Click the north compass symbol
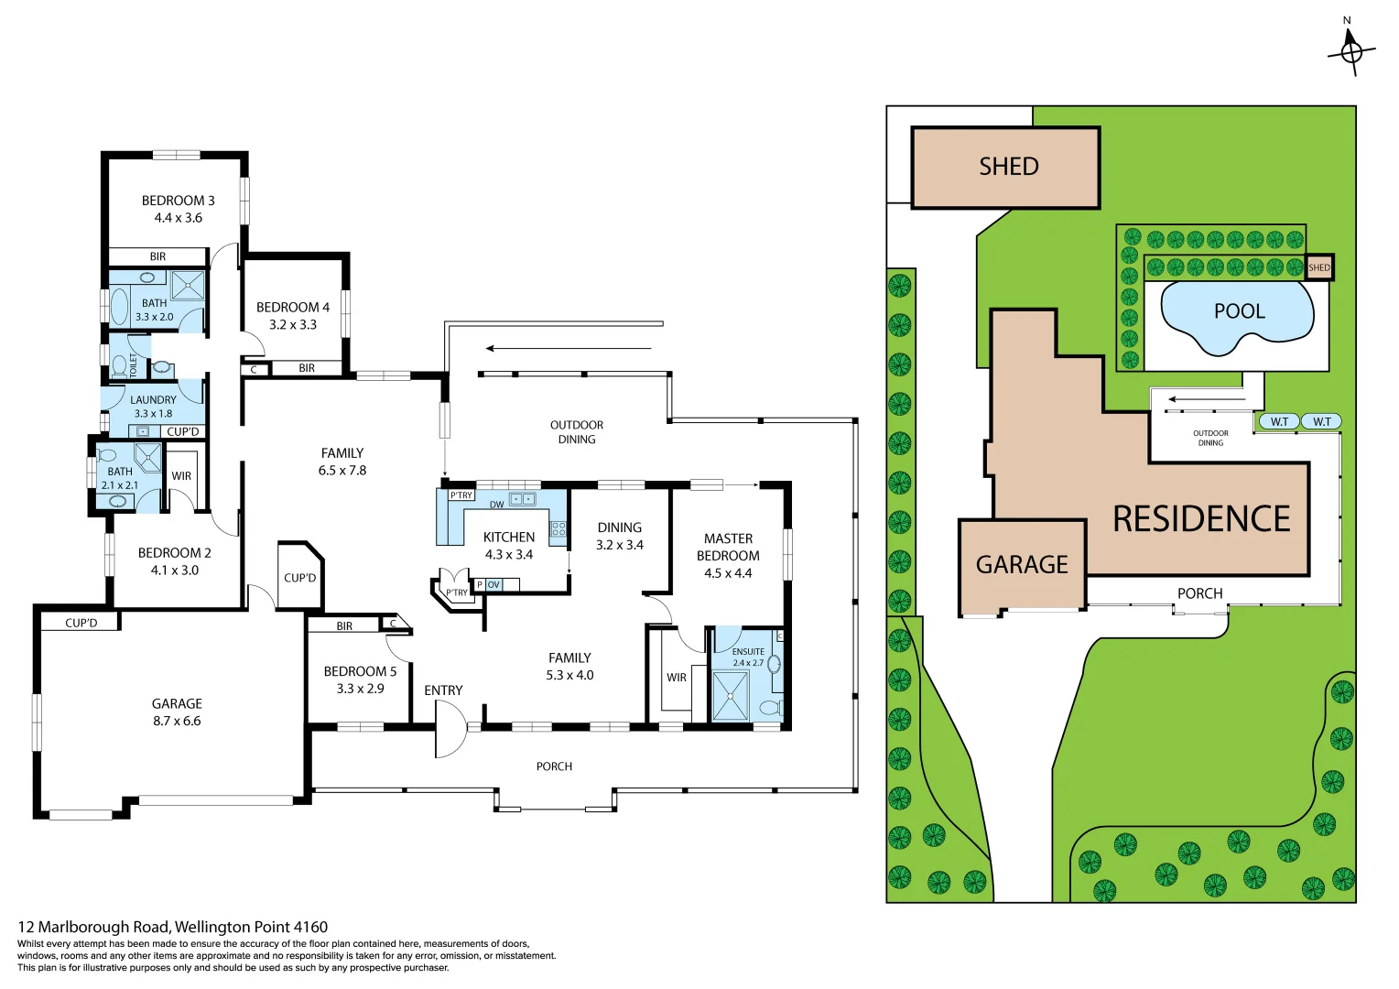tap(1350, 51)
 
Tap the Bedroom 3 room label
tap(178, 201)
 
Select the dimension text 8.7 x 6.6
tap(177, 722)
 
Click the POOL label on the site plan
tap(1239, 311)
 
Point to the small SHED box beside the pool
tap(1318, 267)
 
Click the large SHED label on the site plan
tap(1008, 167)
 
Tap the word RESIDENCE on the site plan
tap(1200, 519)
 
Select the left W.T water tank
tap(1279, 422)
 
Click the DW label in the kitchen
tap(496, 505)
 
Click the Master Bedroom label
tap(728, 547)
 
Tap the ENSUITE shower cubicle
tap(730, 695)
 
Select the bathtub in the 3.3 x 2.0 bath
tap(119, 307)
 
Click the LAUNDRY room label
tap(153, 400)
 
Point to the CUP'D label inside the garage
tap(81, 623)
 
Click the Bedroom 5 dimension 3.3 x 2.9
tap(360, 689)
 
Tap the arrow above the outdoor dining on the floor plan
tap(568, 348)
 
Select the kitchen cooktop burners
tap(558, 528)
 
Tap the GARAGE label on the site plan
tap(1022, 564)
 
